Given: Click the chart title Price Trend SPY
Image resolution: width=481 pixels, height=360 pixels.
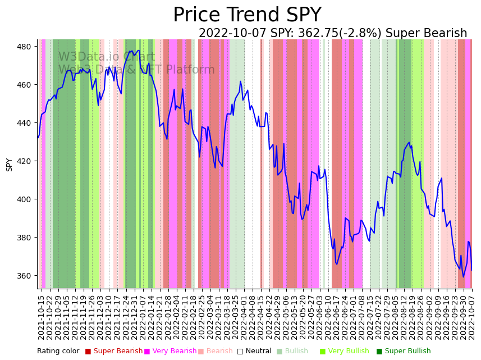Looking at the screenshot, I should click(x=247, y=15).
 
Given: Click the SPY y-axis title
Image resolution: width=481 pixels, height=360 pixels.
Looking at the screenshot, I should click(x=9, y=164).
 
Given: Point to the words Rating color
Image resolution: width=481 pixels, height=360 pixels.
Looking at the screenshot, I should click(x=58, y=352).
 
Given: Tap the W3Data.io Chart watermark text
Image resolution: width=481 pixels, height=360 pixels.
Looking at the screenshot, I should click(x=107, y=57).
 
